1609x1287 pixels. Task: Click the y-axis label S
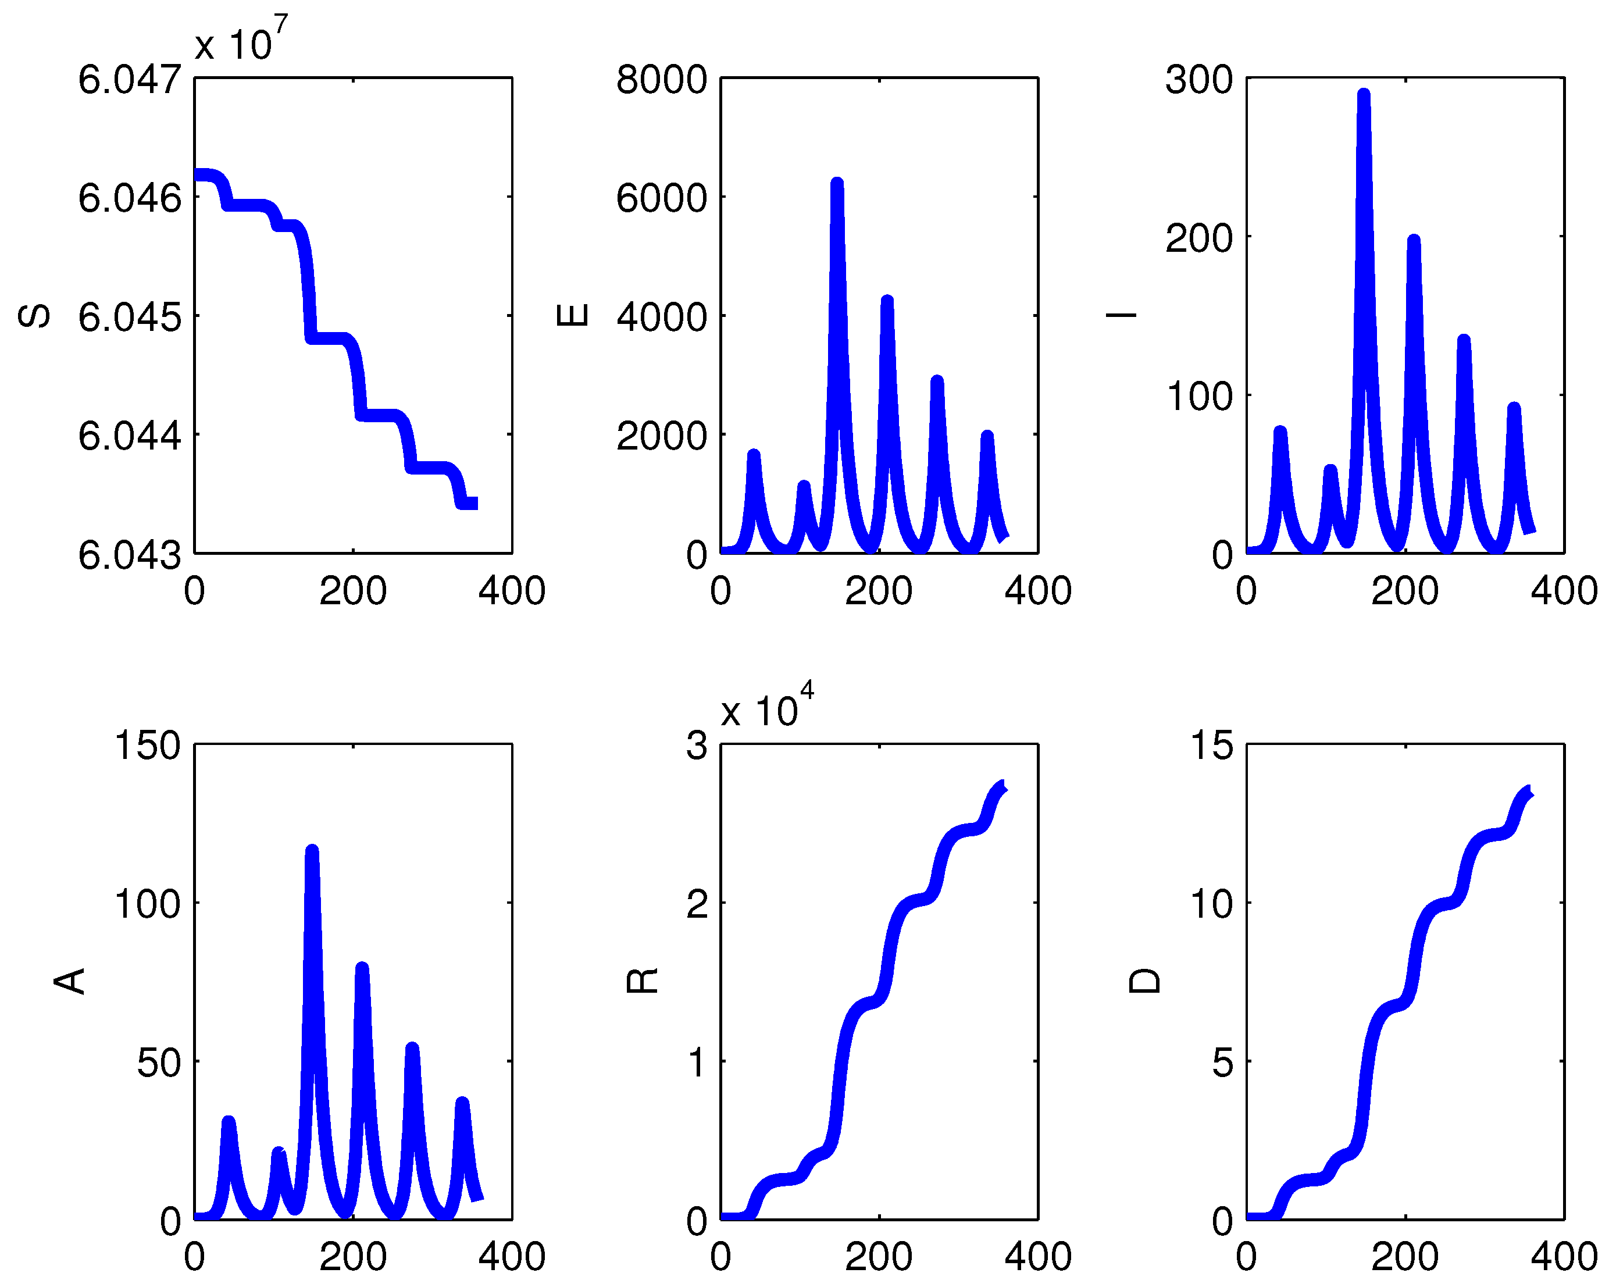point(34,316)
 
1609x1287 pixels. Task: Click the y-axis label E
point(572,315)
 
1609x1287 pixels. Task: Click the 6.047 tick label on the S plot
point(130,79)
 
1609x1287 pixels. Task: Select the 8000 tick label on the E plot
point(661,79)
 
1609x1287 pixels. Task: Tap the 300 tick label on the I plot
point(1199,79)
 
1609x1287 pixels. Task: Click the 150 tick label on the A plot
point(148,745)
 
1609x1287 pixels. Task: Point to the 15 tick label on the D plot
point(1212,745)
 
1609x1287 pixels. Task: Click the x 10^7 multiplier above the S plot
point(240,41)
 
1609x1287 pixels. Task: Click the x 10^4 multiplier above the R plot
point(766,707)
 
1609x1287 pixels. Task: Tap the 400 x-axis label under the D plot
point(1564,1256)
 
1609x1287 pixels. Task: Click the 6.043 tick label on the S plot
point(130,555)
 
